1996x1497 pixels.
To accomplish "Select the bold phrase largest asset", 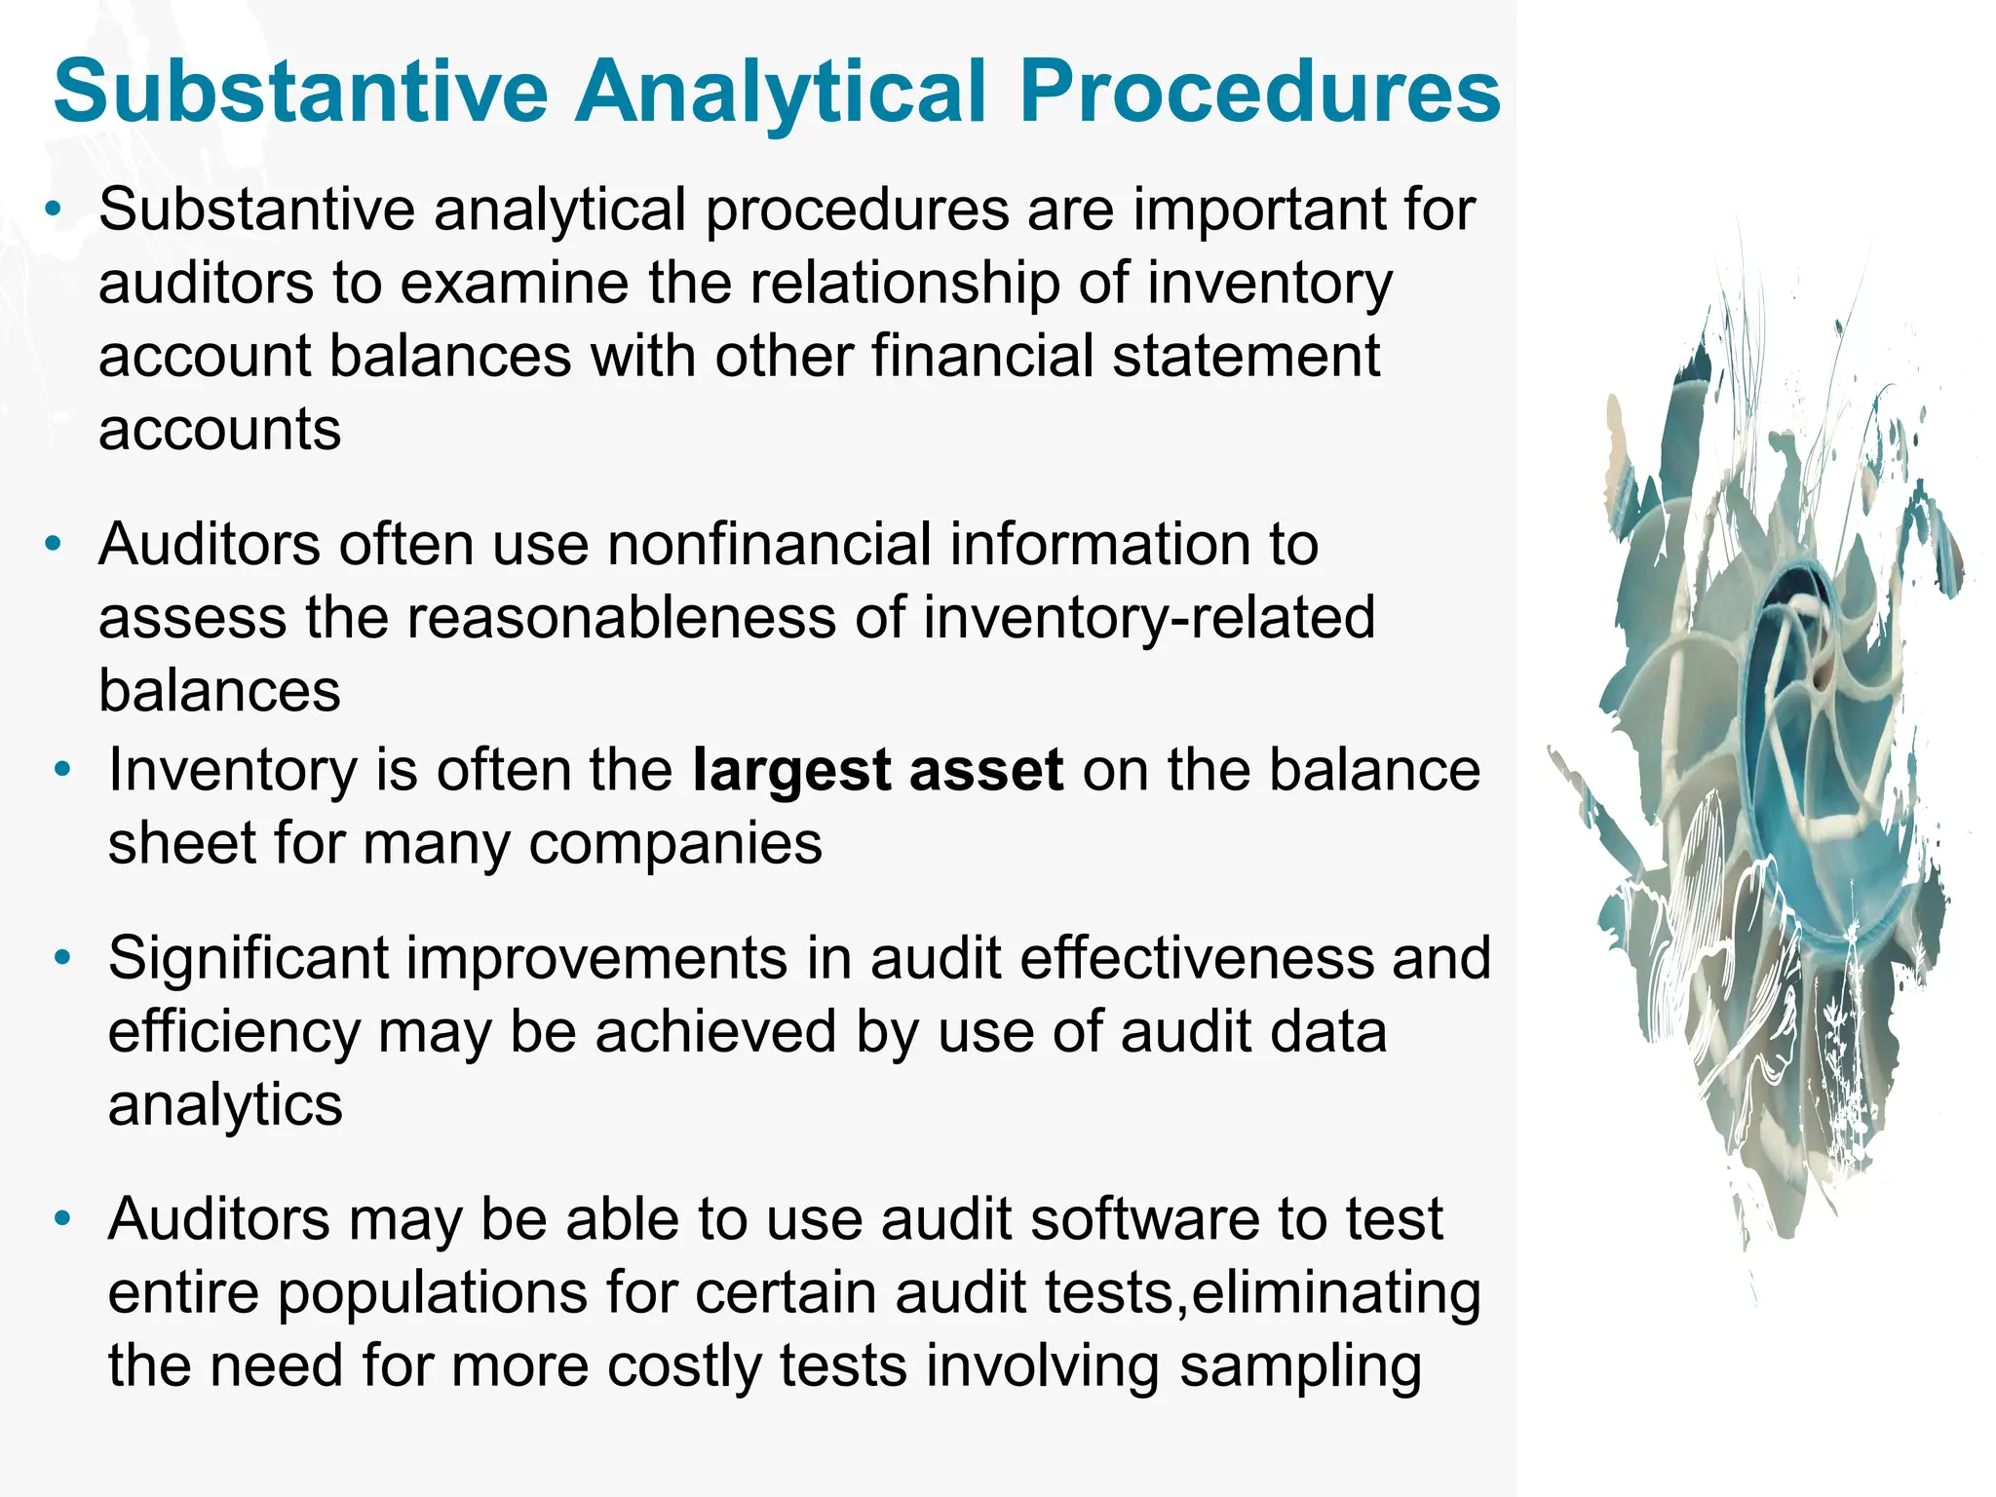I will (877, 770).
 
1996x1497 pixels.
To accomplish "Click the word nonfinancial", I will (769, 544).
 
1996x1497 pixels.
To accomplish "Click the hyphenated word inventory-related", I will (1148, 618).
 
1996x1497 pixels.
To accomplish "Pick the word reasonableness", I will (621, 618).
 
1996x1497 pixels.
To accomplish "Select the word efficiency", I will (234, 1033).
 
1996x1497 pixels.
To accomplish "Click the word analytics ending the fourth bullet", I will (225, 1105).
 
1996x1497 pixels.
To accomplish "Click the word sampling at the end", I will (1300, 1366).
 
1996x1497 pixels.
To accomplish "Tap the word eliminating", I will (1335, 1293).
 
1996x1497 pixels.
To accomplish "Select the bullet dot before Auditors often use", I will (54, 544).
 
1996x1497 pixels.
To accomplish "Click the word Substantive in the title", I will (302, 93).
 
